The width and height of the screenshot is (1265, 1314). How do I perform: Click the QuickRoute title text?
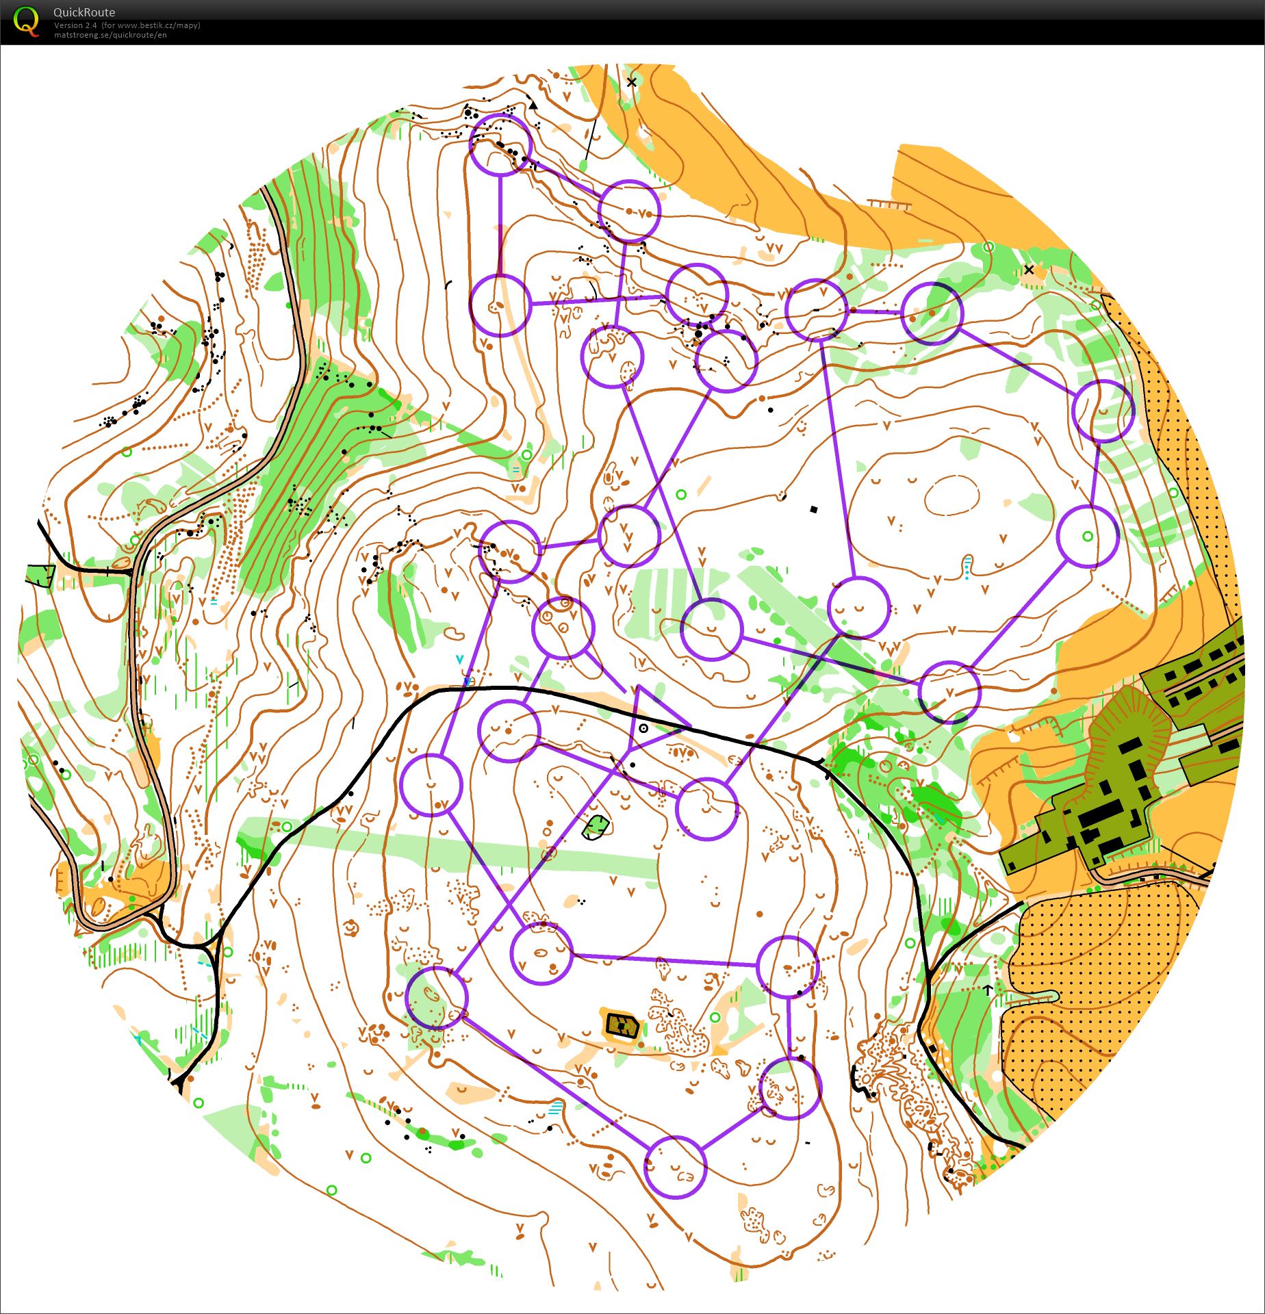coord(84,12)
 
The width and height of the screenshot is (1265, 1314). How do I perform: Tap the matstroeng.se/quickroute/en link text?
coord(110,35)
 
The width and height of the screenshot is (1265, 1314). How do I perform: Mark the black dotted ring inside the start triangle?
coord(643,728)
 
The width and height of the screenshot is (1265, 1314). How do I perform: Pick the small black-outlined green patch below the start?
coord(596,827)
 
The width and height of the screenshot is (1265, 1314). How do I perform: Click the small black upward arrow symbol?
coord(988,990)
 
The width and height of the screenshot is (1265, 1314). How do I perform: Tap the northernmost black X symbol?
coord(631,82)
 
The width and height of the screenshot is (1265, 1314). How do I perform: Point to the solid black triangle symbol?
coord(533,105)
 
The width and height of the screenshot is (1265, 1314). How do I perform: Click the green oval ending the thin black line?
coord(583,166)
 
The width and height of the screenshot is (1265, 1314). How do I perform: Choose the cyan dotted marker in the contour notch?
coord(967,567)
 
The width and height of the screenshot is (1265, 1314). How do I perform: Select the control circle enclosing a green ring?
coord(1088,537)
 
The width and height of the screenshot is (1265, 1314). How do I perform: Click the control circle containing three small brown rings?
coord(562,628)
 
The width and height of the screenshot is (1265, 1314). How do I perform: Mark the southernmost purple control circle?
coord(675,1167)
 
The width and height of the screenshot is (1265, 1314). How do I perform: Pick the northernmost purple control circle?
coord(500,144)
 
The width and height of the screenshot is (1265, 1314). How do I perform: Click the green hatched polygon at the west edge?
coord(40,576)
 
